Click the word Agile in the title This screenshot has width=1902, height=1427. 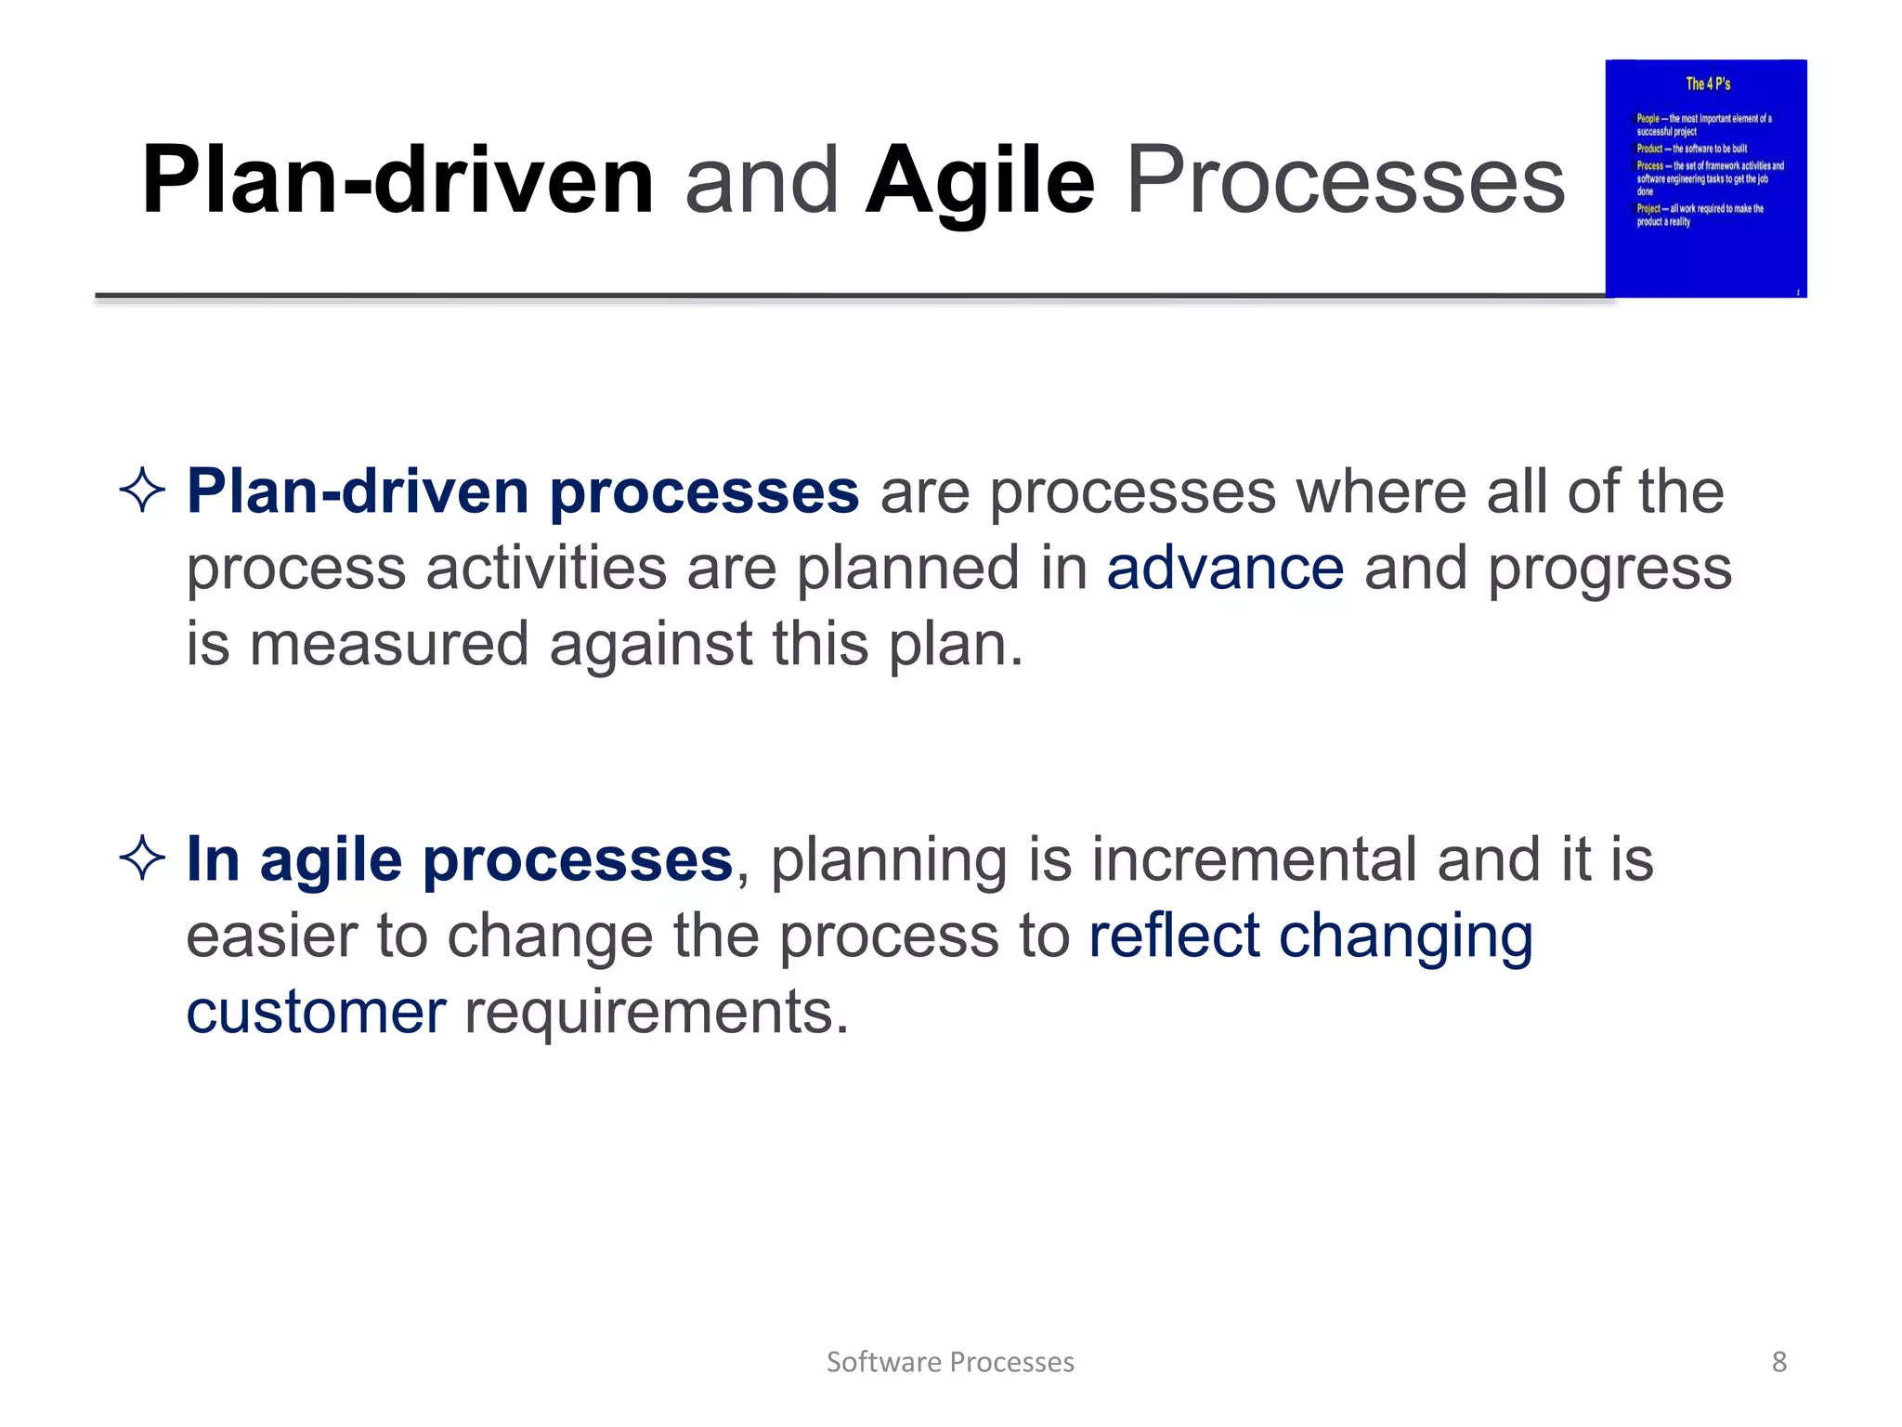tap(980, 181)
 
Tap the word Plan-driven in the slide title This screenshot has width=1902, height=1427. tap(397, 181)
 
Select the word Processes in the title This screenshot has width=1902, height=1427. tap(1345, 181)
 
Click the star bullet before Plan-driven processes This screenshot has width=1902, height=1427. tap(142, 491)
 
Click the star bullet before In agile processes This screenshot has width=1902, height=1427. tap(142, 858)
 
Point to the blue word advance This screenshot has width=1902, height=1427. tap(1224, 568)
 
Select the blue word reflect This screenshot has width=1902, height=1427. tap(1173, 935)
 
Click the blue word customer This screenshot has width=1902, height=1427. tap(316, 1011)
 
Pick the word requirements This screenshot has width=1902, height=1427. tap(656, 1011)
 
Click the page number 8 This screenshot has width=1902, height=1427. tap(1778, 1362)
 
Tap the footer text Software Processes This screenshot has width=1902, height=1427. tap(950, 1362)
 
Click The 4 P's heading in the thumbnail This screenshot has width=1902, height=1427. tap(1708, 84)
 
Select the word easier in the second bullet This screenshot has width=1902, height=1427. tap(270, 935)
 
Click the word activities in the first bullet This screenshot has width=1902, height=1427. tap(546, 568)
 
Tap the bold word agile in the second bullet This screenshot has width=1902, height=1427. tap(330, 860)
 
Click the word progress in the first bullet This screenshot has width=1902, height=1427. tap(1609, 569)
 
